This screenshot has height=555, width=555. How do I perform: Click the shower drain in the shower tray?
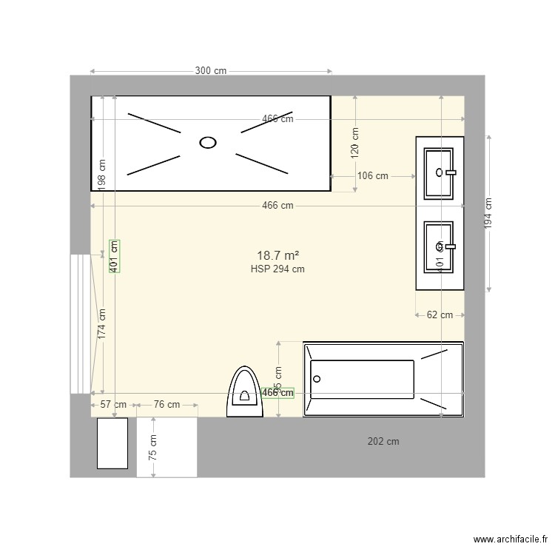(209, 142)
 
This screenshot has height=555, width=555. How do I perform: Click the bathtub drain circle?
(317, 379)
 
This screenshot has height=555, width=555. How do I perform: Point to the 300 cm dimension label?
(211, 71)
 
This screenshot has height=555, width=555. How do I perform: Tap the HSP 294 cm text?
(277, 269)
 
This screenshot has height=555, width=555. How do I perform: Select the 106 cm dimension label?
(372, 176)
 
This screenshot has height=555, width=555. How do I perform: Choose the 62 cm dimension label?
(440, 314)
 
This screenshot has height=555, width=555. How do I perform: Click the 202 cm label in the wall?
(383, 442)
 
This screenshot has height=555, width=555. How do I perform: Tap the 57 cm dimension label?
(113, 405)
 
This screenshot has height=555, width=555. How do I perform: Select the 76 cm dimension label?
(166, 405)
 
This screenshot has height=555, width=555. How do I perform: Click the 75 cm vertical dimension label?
(152, 447)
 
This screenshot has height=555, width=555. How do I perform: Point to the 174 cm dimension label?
(102, 323)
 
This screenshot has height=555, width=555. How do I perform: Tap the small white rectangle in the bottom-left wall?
(112, 443)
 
